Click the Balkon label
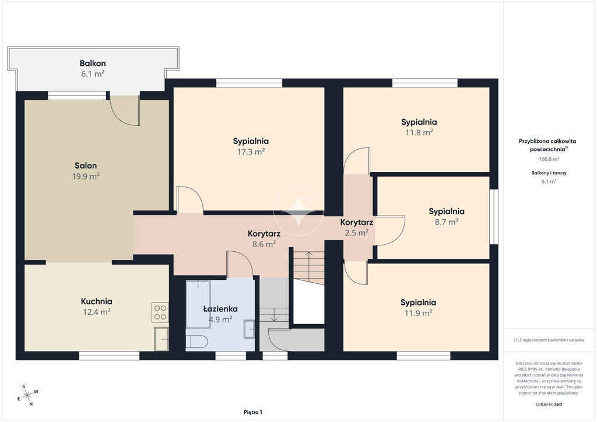[93, 64]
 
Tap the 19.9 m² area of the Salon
[86, 176]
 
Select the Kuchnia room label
[96, 301]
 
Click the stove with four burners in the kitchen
[160, 312]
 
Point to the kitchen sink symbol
[161, 339]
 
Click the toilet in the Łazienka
[196, 342]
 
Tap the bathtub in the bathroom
[198, 304]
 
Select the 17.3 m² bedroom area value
[251, 152]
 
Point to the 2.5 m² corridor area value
[356, 233]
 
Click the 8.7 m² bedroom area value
[447, 221]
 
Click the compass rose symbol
[27, 396]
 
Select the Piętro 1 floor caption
[253, 412]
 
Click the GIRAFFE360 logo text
[549, 405]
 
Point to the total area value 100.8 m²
[549, 159]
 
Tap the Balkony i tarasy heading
[549, 173]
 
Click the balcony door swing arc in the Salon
[121, 116]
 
